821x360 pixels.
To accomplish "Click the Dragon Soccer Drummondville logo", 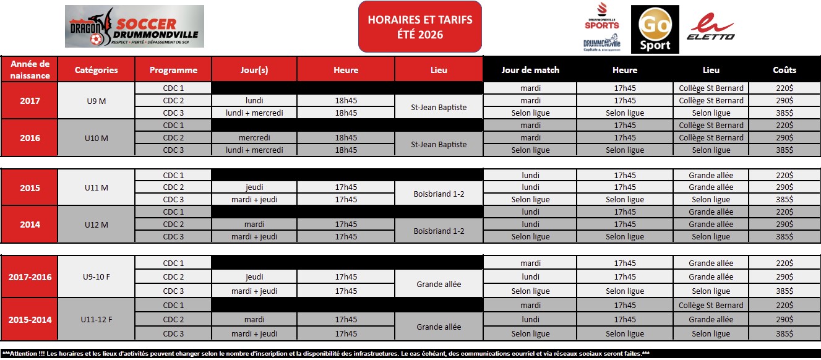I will point(134,27).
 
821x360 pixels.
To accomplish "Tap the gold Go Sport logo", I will point(655,29).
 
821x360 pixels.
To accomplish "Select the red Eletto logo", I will point(711,28).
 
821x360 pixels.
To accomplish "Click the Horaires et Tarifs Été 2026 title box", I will point(419,27).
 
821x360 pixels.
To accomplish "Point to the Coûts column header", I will point(784,70).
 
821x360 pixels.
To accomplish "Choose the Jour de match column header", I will point(530,70).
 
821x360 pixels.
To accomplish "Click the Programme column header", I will point(173,70).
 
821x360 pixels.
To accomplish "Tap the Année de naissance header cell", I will point(29,70).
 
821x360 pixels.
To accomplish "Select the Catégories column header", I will point(96,70).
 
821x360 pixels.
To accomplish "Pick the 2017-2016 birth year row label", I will point(29,277).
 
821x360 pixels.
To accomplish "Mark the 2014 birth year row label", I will point(29,225).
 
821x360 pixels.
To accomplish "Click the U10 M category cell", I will point(96,138).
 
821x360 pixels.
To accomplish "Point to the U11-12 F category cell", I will point(96,320).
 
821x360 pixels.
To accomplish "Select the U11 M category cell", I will point(96,187).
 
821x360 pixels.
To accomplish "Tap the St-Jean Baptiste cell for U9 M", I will point(439,107).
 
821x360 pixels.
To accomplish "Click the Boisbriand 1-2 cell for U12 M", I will point(439,231).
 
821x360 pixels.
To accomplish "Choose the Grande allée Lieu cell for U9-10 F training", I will point(439,284).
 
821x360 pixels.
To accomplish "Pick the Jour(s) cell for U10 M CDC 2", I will point(254,138).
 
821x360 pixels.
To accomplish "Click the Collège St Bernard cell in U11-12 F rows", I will point(711,306).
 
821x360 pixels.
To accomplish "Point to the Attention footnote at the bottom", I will point(410,353).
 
